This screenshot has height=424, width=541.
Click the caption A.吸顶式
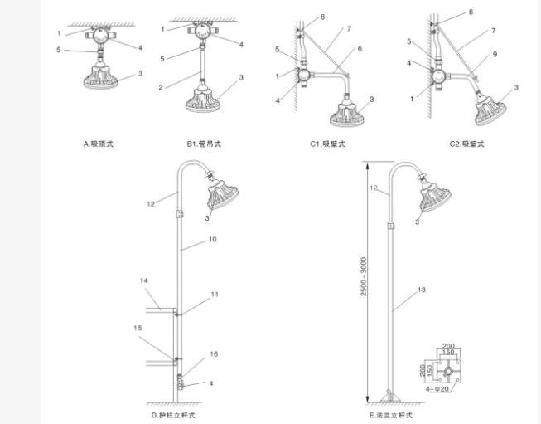(99, 144)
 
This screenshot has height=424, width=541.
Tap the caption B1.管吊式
(203, 144)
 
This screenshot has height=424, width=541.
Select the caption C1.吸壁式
(326, 144)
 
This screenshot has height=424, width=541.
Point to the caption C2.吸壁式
(466, 144)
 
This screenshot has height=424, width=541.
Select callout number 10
(213, 239)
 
